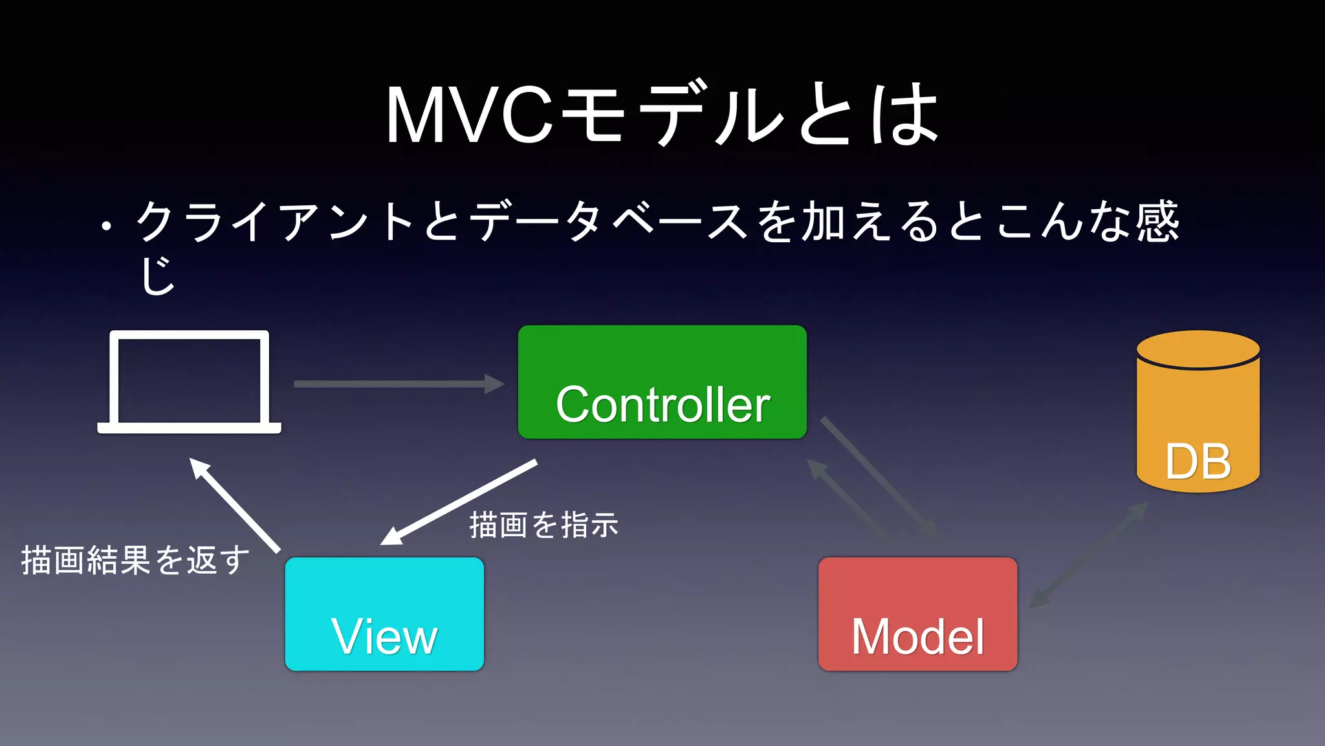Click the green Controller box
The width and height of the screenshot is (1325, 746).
click(662, 382)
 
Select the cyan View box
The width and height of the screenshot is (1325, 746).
click(384, 613)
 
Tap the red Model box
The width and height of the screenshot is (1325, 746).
click(917, 613)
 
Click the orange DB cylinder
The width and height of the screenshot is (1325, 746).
click(1198, 414)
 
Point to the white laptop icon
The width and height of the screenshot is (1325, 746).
click(189, 382)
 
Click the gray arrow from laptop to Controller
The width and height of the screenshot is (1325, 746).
click(398, 383)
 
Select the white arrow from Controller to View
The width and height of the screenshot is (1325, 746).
click(459, 502)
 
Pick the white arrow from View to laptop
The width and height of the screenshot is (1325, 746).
click(234, 505)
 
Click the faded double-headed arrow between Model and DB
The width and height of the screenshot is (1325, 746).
click(1088, 556)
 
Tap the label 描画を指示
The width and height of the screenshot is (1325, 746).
click(543, 525)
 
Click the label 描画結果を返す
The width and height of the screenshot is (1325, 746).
click(135, 560)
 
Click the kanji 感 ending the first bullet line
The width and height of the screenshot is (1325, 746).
click(1158, 221)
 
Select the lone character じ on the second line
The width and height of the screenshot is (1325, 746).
click(158, 275)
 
